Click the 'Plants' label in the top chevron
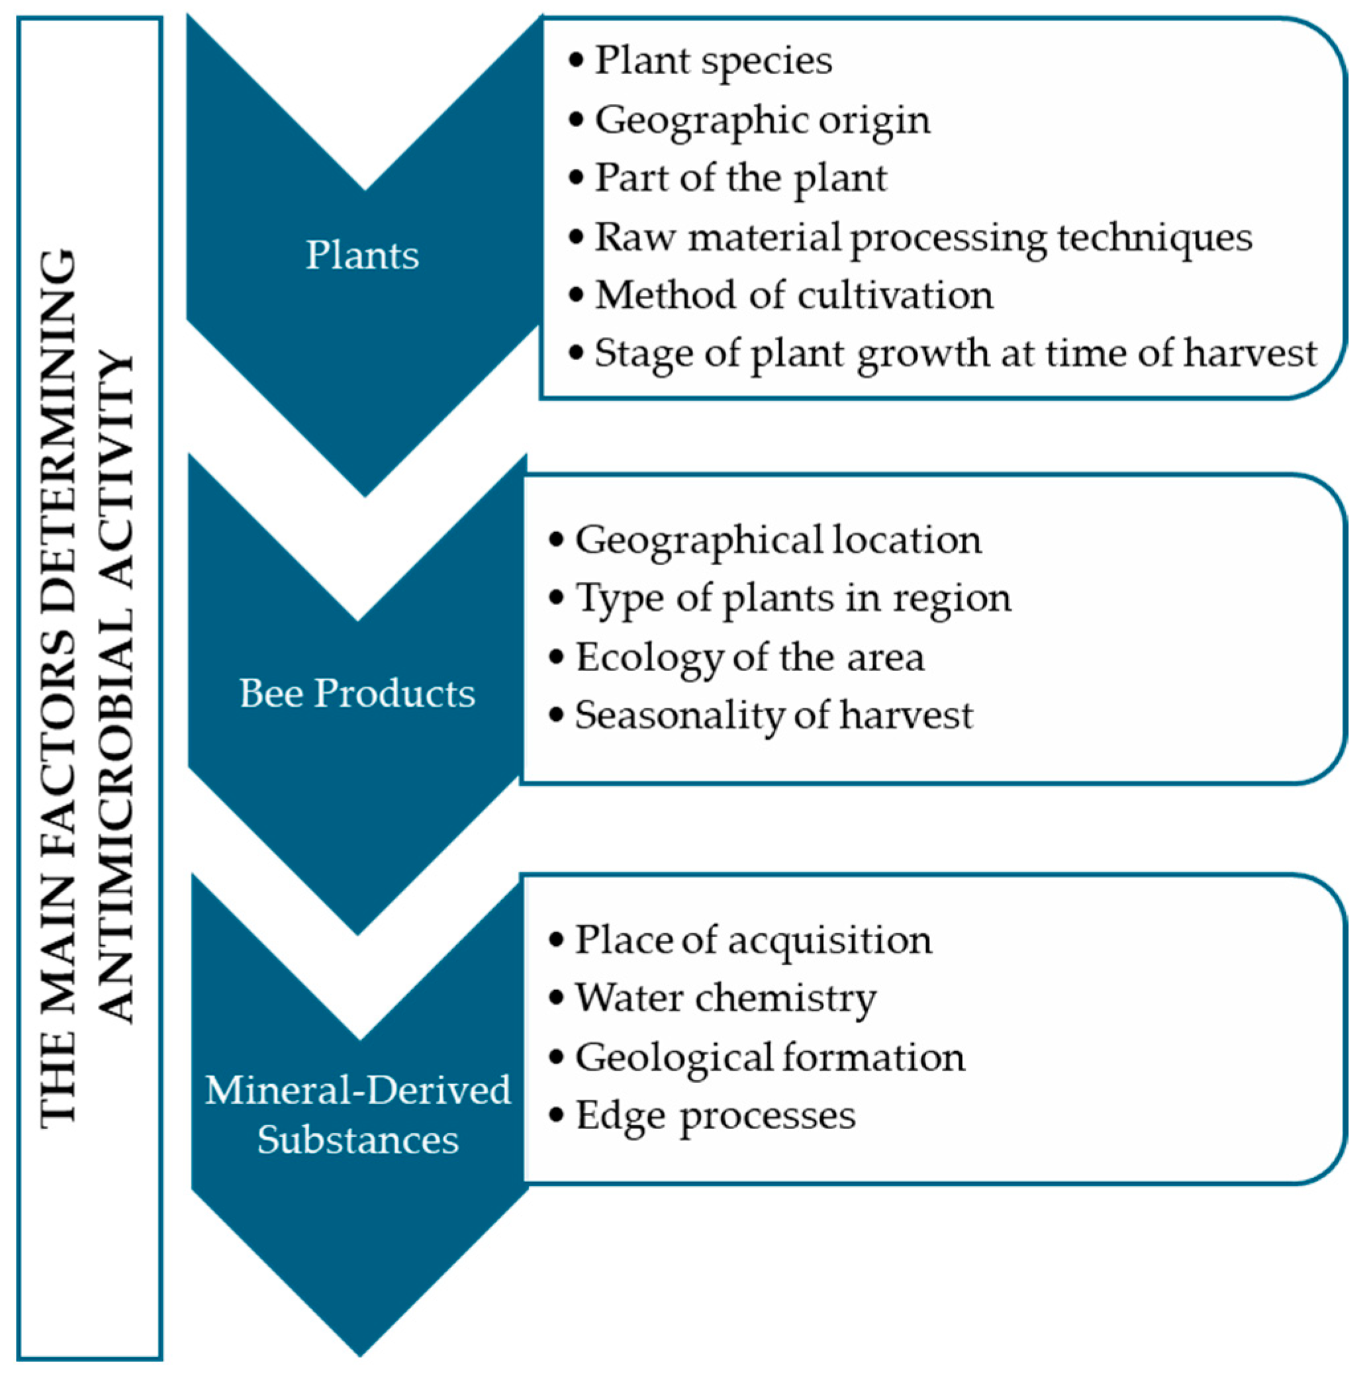point(362,255)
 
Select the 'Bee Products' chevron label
point(357,693)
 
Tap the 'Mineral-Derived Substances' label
point(358,1115)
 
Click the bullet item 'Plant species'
point(713,61)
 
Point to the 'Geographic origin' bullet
point(762,120)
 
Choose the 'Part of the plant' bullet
point(740,178)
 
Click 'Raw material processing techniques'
point(923,237)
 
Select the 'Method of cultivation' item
point(794,295)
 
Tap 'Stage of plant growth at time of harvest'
point(955,353)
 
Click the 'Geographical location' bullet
point(778,540)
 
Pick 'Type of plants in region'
point(793,598)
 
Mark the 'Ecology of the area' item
point(749,657)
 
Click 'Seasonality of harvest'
point(774,715)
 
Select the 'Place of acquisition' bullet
point(753,940)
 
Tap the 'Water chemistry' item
point(725,998)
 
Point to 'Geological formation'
point(769,1057)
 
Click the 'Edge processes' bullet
point(715,1115)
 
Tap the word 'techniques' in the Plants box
point(1154,237)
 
